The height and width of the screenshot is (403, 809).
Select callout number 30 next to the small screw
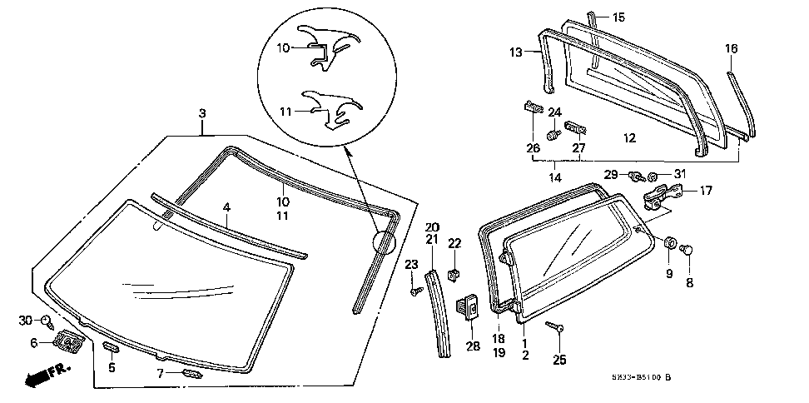tap(25, 321)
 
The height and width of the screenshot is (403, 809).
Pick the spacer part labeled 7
tap(192, 375)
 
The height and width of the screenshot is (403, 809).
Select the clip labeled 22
tap(454, 273)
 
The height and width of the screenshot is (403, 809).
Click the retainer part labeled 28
tap(469, 308)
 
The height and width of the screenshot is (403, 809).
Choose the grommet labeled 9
tap(668, 242)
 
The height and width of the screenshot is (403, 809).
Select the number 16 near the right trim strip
tap(730, 49)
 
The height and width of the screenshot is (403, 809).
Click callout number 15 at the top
tap(618, 17)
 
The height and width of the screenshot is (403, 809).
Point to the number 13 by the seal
tap(516, 52)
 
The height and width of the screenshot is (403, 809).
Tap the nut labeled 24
tap(552, 134)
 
